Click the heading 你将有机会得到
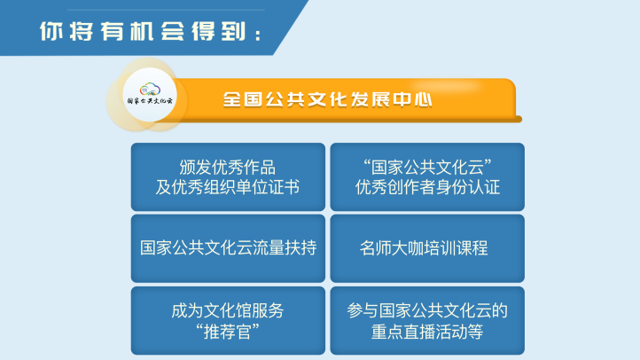[x=150, y=31]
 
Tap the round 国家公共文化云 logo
[x=150, y=95]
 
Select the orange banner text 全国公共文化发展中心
[x=327, y=99]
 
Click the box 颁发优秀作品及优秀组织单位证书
[x=228, y=176]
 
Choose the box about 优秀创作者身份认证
[x=427, y=176]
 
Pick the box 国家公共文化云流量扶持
[x=228, y=248]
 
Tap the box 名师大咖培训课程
[x=427, y=248]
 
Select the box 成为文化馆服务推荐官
[x=228, y=320]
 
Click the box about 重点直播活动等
[x=427, y=320]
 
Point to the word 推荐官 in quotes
[x=228, y=332]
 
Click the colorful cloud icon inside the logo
[x=150, y=89]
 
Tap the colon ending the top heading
[x=258, y=35]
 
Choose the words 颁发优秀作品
[x=228, y=168]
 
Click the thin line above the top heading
[x=166, y=10]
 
